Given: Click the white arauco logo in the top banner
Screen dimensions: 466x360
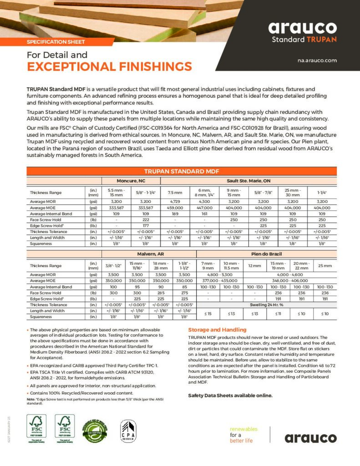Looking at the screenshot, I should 302,28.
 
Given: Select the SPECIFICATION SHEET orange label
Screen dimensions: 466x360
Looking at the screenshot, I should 56,42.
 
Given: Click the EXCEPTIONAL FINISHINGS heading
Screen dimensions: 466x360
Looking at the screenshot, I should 109,67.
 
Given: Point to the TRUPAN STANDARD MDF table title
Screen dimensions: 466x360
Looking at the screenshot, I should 182,171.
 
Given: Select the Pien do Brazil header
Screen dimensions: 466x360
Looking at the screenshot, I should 266,253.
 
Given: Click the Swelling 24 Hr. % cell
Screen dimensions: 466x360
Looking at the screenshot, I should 266,304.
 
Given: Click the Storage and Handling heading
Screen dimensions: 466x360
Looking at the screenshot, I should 217,329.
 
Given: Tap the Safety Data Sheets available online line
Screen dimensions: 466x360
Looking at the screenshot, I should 230,395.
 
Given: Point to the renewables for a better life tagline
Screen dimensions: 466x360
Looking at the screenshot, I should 244,435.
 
